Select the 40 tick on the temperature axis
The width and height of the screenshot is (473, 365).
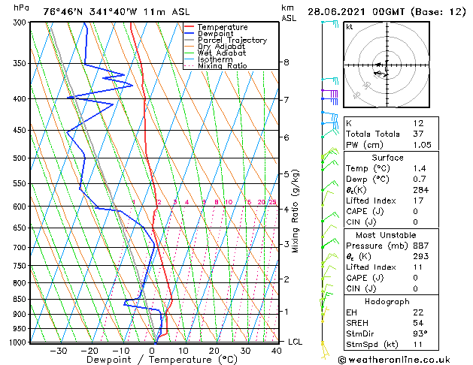point(277,350)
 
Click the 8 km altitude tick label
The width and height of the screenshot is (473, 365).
point(287,62)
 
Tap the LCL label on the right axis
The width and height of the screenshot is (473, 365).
point(296,342)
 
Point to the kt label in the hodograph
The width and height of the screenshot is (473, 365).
point(350,27)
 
